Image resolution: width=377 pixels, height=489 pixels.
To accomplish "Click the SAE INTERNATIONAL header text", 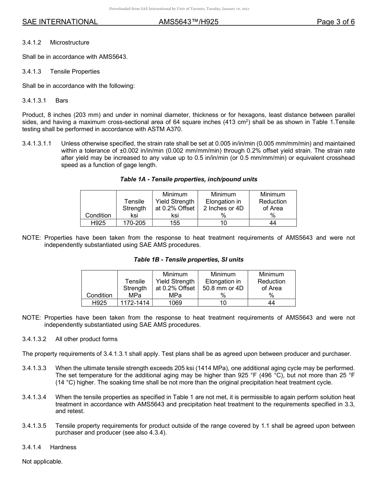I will [x=60, y=22].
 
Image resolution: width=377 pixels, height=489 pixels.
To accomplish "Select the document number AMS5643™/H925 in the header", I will [x=188, y=22].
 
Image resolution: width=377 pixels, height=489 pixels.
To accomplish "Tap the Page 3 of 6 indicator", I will [x=335, y=22].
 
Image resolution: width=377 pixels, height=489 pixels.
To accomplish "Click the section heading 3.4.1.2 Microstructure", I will [x=56, y=43].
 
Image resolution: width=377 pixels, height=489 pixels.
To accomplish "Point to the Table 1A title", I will [x=188, y=179].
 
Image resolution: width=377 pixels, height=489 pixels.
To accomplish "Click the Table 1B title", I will [x=188, y=260].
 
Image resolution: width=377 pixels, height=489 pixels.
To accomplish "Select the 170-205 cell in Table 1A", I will [x=134, y=223].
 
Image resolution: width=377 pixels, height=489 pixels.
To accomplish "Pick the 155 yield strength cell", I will [x=175, y=223].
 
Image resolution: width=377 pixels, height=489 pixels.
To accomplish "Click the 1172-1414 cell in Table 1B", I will [x=135, y=303].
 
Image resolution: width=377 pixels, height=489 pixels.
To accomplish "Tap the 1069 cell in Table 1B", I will [x=175, y=303].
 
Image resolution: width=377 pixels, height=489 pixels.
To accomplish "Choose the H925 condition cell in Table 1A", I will [x=98, y=223].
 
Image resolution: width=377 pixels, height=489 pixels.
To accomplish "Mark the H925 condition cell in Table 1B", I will [x=99, y=303].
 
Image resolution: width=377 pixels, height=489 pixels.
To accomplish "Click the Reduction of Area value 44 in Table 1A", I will [x=273, y=223].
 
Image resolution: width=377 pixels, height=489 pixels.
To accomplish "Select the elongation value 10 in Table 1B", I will [x=223, y=303].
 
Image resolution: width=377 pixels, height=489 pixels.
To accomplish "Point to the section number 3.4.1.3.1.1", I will [x=37, y=144].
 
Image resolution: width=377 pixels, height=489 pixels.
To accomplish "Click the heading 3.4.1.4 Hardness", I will [x=49, y=447].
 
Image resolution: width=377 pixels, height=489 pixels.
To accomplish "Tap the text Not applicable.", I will [x=42, y=462].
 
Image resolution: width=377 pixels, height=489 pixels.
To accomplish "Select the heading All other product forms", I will [x=87, y=339].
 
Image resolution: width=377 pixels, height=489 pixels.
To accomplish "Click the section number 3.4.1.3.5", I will [x=34, y=426].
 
